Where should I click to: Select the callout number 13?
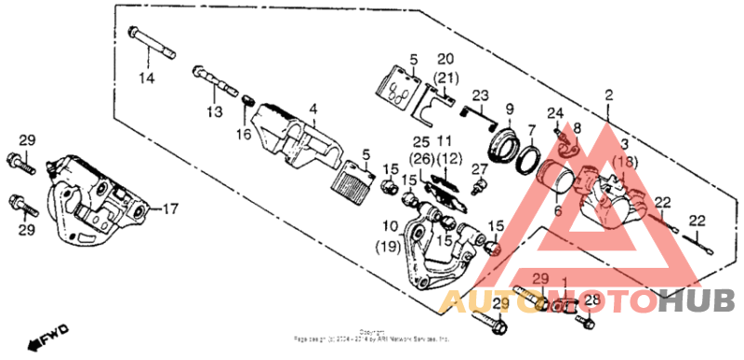(215, 112)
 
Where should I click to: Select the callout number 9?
(509, 111)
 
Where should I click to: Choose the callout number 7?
(531, 129)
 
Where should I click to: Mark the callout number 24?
(556, 113)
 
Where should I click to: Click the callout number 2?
(609, 95)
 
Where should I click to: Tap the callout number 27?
(480, 168)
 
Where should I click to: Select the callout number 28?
(592, 299)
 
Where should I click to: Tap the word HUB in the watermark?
(697, 300)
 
